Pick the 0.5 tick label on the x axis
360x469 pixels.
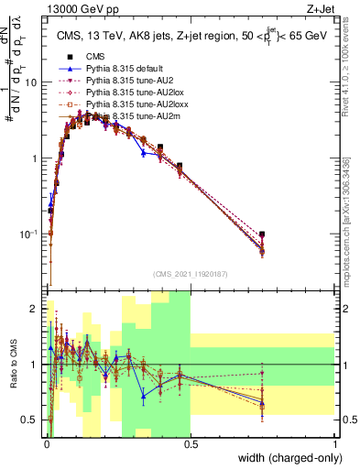click(x=190, y=444)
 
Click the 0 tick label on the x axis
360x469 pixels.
click(x=46, y=444)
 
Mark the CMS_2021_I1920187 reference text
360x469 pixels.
click(x=190, y=274)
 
